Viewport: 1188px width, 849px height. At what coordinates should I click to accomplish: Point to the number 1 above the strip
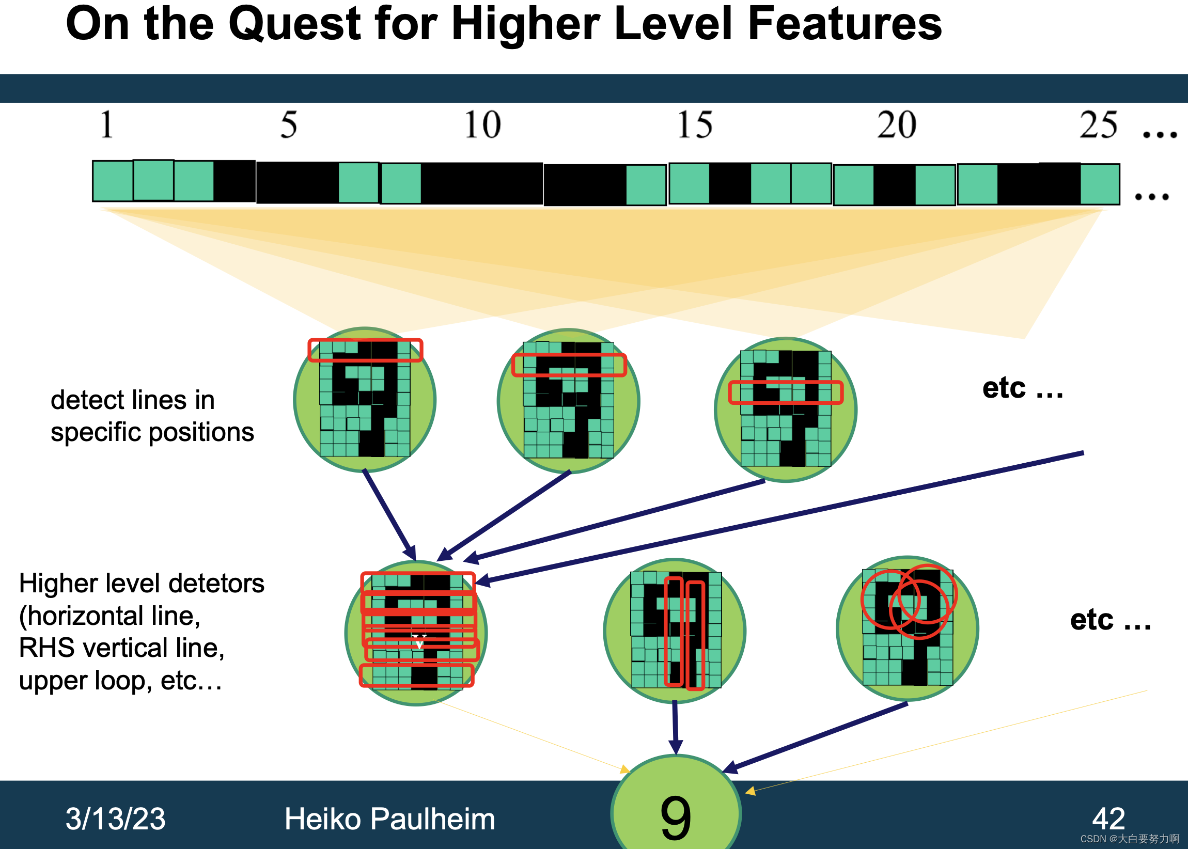[x=107, y=125]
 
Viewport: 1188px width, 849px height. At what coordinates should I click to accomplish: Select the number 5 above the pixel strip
[x=289, y=125]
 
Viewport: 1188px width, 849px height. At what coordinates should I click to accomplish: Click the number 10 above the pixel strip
[x=482, y=125]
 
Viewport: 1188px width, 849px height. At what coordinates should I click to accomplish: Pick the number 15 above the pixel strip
[x=694, y=125]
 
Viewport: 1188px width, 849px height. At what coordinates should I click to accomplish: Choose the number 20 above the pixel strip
[x=896, y=125]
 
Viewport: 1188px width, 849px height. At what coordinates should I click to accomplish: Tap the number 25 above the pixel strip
[x=1099, y=125]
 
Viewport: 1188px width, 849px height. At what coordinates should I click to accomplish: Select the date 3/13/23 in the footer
[x=115, y=819]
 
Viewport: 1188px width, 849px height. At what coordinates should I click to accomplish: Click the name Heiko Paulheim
[x=389, y=819]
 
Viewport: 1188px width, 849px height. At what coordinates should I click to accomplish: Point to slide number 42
[x=1108, y=819]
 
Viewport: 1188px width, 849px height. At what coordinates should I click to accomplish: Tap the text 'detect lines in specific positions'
[x=152, y=416]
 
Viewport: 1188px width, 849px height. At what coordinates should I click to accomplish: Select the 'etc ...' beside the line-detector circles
[x=1022, y=388]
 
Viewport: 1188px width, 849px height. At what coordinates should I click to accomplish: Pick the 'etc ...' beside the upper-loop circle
[x=1110, y=621]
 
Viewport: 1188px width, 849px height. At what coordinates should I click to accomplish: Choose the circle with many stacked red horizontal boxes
[x=416, y=633]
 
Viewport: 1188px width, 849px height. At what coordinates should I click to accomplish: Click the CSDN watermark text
[x=1130, y=839]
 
